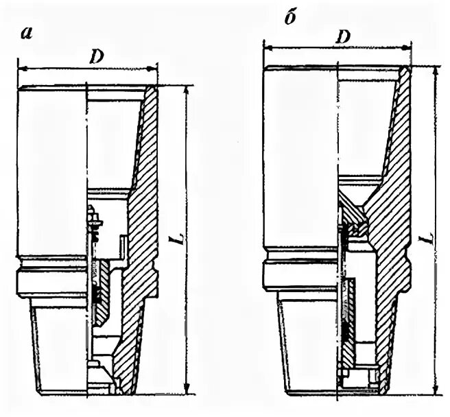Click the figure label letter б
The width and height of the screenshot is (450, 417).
(x=289, y=18)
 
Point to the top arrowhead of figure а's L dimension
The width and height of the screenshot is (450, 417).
(x=185, y=89)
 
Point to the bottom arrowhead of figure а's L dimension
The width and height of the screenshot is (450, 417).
(x=185, y=390)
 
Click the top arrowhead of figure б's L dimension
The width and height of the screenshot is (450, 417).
(x=434, y=71)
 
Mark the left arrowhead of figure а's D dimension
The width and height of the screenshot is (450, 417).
(x=21, y=69)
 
